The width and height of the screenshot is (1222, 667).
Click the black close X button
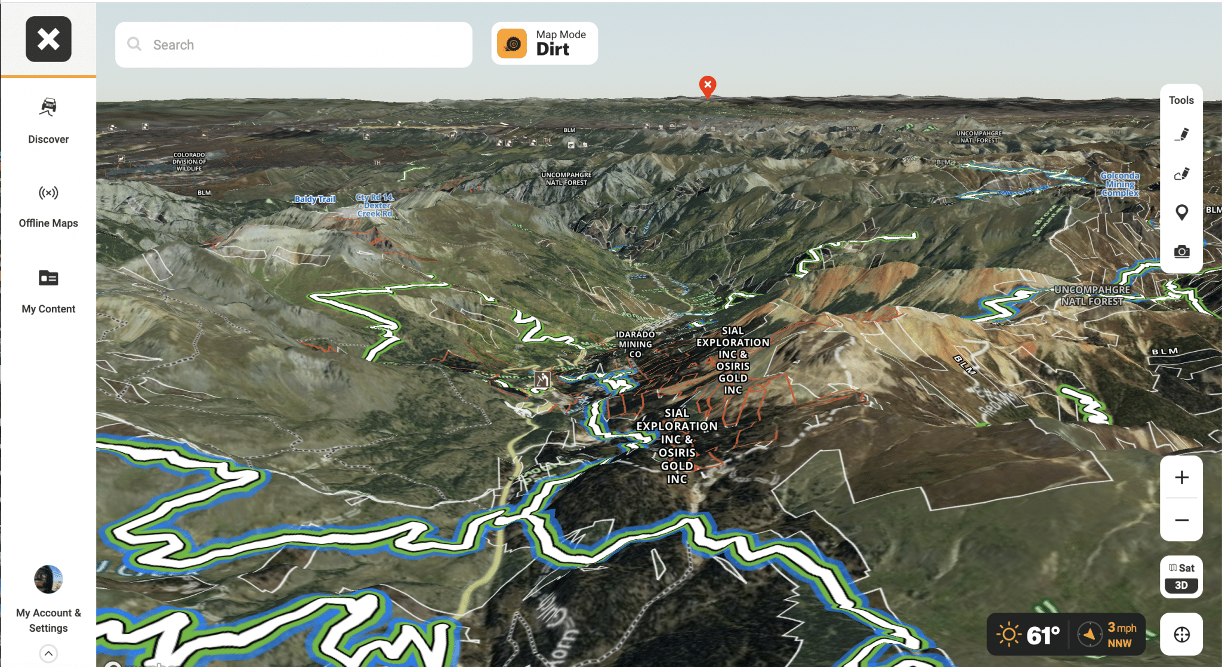[48, 39]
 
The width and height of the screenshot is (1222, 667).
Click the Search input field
[294, 45]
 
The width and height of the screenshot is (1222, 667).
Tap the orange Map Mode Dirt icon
[512, 44]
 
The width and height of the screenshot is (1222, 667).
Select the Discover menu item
[48, 121]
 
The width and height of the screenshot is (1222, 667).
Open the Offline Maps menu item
[48, 205]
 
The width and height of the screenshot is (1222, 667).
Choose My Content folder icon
[48, 278]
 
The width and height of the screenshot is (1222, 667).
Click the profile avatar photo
[48, 579]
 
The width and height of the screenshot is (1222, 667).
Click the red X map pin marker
[708, 86]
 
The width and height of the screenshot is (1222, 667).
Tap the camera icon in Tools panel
[1181, 251]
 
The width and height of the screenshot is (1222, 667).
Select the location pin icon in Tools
[1181, 212]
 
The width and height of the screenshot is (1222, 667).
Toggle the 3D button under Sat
[1181, 585]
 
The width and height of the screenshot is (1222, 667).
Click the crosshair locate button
[1181, 634]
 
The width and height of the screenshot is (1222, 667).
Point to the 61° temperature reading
[1042, 635]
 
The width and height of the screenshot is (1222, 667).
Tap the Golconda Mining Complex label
[1120, 184]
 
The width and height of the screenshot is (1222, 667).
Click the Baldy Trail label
[314, 199]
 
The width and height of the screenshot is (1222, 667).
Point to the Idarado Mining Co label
[635, 344]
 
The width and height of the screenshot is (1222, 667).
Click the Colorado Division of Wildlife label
[189, 162]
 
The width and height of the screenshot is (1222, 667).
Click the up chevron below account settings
[48, 653]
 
